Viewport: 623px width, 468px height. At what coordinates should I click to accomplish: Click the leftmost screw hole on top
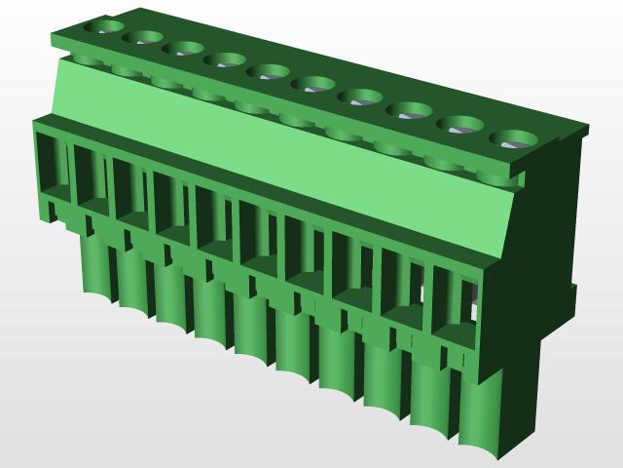tap(104, 26)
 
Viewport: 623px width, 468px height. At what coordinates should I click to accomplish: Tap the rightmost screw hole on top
tap(513, 138)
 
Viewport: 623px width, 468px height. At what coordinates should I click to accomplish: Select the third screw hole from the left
tap(183, 48)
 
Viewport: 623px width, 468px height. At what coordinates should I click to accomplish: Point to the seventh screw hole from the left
tap(360, 96)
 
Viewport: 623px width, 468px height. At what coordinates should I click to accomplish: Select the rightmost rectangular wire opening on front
tap(455, 302)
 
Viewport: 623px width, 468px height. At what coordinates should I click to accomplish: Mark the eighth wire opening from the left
tap(351, 266)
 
